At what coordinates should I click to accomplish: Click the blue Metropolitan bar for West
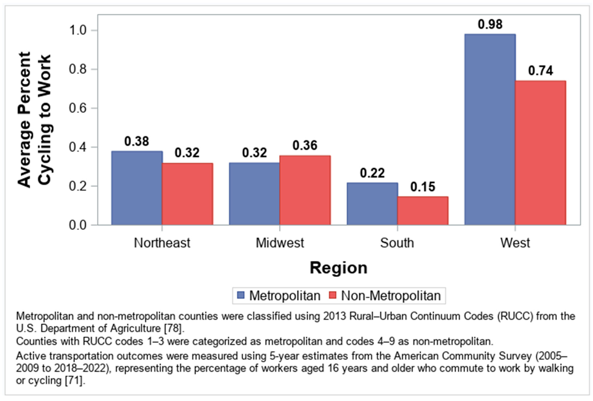[490, 129]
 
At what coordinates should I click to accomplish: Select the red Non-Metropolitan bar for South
[423, 211]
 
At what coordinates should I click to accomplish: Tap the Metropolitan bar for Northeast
[137, 188]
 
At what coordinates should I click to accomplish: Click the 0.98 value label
[490, 24]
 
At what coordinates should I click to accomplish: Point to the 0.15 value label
[423, 187]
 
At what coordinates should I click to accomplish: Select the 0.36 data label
[305, 145]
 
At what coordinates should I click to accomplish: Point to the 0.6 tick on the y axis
[78, 108]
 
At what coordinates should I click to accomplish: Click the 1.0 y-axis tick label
[78, 30]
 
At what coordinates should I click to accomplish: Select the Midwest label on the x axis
[280, 243]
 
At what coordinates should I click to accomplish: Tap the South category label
[397, 243]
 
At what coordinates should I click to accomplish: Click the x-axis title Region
[339, 268]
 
